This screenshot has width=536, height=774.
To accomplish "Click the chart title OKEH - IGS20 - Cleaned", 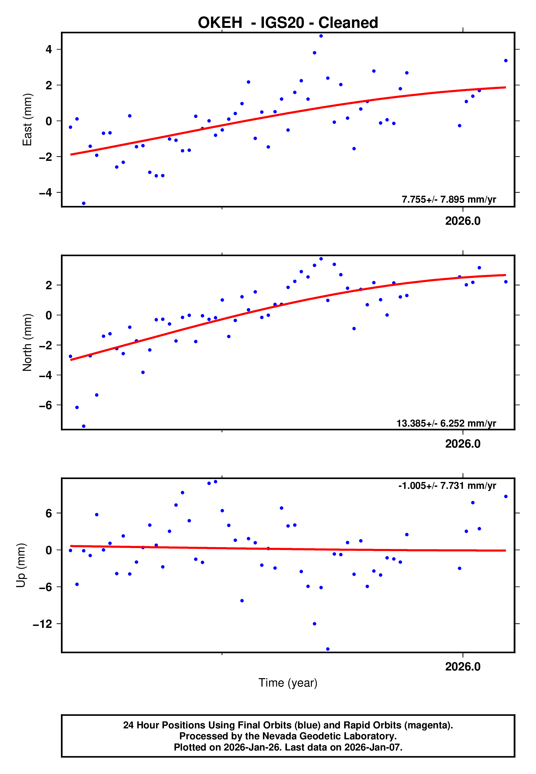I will click(288, 23).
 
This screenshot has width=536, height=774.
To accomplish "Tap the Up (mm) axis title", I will click(21, 566).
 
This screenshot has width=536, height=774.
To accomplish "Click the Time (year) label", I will click(288, 683).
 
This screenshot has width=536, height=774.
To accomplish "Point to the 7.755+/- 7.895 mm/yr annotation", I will click(449, 200).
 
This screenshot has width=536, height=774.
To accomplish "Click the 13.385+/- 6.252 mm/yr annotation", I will click(446, 424).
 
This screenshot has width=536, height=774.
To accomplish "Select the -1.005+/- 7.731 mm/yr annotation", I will click(447, 486).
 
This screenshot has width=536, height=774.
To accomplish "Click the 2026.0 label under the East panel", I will click(463, 221).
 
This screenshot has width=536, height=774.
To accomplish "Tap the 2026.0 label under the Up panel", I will click(463, 667).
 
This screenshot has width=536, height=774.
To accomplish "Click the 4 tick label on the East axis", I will click(49, 50).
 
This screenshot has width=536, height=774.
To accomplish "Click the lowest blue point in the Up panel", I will click(328, 649).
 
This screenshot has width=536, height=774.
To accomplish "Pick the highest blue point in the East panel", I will click(321, 36).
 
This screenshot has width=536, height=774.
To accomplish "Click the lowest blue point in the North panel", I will click(84, 426).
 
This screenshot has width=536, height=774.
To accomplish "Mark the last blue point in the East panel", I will click(506, 61).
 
